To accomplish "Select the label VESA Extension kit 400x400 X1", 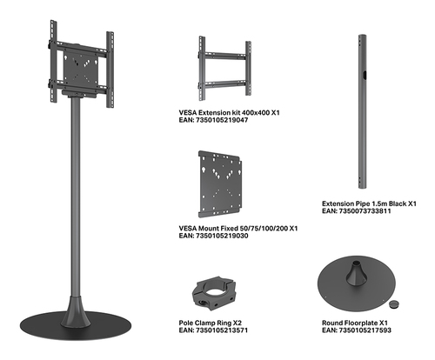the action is (229, 112).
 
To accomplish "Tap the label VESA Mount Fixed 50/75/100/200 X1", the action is (238, 229).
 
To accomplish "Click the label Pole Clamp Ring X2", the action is (211, 323).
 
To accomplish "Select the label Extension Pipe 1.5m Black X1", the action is (369, 203).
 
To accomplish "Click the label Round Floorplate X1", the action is (355, 323).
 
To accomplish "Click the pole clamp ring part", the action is (214, 293).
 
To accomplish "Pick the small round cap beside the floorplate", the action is (393, 304).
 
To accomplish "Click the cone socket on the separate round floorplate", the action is (356, 274).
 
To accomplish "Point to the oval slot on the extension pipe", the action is (365, 75).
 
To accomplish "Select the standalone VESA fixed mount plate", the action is (220, 184).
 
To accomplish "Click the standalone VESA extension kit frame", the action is (224, 69).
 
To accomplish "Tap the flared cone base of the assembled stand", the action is (76, 313).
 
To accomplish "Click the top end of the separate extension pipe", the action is (362, 36).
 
